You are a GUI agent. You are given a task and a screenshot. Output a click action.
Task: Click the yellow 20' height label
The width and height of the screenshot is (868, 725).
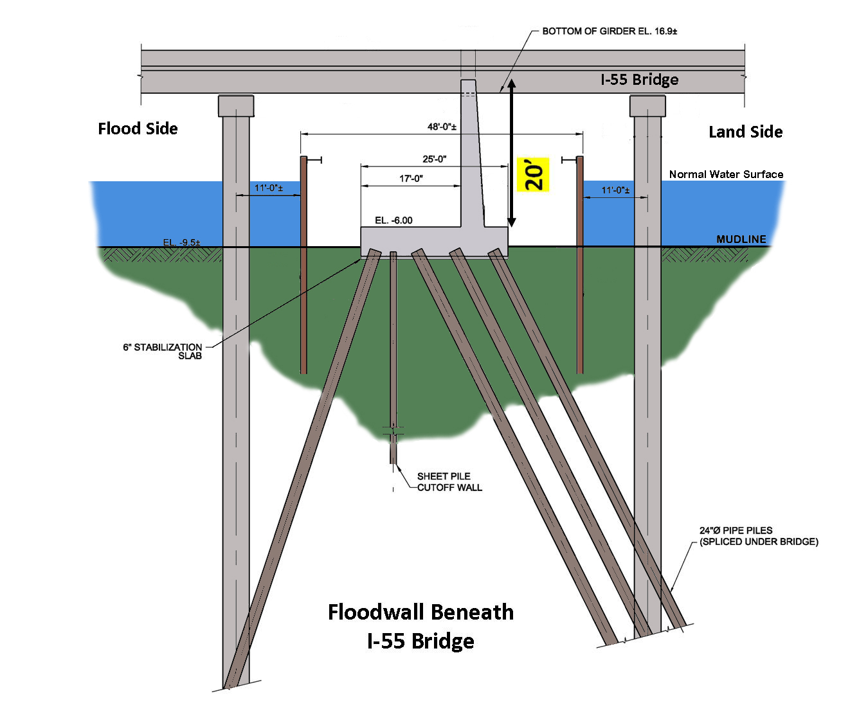(533, 175)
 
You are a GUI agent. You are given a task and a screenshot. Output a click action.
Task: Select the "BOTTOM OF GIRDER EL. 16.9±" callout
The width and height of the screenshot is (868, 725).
(609, 31)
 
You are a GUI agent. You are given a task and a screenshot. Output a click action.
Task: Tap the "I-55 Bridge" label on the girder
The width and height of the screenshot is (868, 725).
(639, 80)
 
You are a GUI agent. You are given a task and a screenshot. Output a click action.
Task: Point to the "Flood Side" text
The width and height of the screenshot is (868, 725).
(138, 129)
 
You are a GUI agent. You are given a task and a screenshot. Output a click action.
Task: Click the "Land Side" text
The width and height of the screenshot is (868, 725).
(745, 132)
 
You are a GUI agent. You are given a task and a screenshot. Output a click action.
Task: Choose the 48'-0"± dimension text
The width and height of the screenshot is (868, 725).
(442, 127)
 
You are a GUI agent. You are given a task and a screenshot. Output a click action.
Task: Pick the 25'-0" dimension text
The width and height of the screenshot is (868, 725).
(434, 159)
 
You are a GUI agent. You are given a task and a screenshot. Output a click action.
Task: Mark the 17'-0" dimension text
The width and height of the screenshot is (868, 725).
(411, 178)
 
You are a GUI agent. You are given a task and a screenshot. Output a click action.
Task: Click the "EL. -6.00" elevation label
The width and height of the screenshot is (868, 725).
(393, 220)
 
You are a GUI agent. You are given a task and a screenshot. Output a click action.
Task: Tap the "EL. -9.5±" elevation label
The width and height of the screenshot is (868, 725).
(181, 242)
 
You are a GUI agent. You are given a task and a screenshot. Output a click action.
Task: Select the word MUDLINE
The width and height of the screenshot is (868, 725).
(741, 239)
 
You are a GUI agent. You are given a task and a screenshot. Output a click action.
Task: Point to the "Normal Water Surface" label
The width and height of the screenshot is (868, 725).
(726, 174)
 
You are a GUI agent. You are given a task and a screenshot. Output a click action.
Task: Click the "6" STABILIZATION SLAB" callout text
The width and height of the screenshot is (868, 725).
(163, 351)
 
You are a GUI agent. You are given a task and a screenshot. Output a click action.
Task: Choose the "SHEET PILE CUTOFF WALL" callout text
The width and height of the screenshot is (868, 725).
(449, 481)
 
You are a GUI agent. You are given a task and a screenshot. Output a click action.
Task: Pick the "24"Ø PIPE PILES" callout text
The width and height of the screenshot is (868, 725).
(758, 536)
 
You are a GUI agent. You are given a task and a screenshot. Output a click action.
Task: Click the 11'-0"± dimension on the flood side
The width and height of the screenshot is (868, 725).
(268, 188)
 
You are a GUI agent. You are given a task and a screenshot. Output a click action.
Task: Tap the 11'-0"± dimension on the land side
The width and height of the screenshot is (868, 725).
(615, 190)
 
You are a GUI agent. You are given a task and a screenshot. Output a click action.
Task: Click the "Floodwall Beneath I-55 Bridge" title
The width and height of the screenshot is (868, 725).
(420, 626)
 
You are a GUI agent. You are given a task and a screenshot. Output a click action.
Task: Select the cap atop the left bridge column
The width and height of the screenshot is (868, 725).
(236, 105)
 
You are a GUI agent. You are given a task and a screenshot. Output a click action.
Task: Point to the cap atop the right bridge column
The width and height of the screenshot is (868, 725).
(647, 105)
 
